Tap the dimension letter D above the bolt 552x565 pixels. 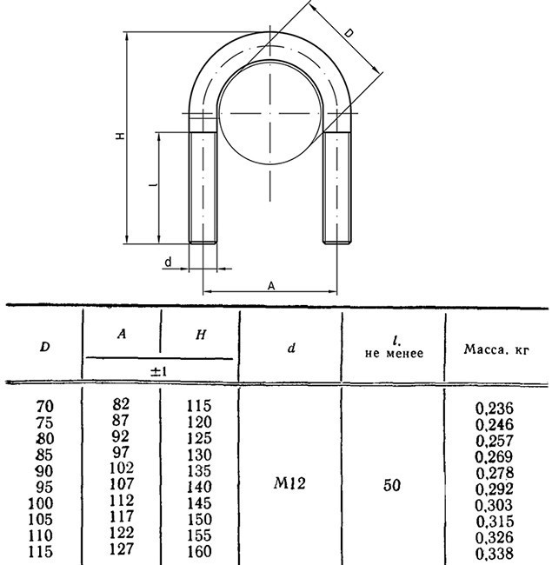point(349,34)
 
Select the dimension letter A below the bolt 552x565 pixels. point(271,286)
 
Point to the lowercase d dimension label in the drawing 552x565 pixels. point(168,263)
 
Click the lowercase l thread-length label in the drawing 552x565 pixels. point(154,185)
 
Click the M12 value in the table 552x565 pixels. point(289,483)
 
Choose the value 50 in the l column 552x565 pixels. point(392,485)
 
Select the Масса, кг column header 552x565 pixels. point(496,349)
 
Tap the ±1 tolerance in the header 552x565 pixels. point(159,371)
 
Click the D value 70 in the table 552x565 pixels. point(45,407)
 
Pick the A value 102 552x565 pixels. point(122,468)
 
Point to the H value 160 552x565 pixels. point(199,552)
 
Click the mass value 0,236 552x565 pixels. point(495,409)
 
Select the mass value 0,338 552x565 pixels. point(495,553)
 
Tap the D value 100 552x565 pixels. point(41,503)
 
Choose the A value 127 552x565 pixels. point(122,548)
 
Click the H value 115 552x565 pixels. point(199,406)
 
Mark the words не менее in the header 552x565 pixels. point(394,354)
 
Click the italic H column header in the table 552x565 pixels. point(201,336)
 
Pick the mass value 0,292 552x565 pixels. point(495,489)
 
